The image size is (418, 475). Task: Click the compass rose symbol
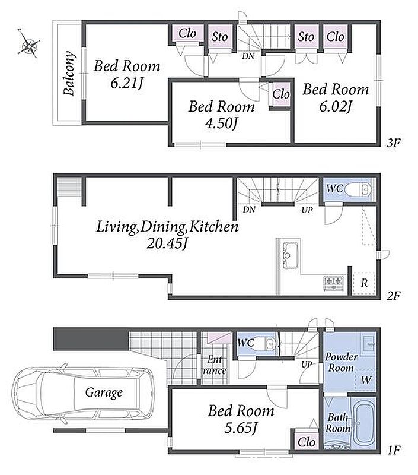click(29, 43)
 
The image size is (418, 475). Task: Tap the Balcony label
click(69, 73)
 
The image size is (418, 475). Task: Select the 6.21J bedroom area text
click(126, 83)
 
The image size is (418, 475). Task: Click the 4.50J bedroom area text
click(221, 123)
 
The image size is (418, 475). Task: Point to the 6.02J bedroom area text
click(336, 106)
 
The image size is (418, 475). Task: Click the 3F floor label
click(394, 143)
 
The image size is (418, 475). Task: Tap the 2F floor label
click(394, 295)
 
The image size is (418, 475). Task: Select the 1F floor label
click(394, 450)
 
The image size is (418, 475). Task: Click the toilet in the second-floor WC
click(358, 189)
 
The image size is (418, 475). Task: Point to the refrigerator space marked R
click(364, 283)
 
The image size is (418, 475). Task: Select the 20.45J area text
click(167, 243)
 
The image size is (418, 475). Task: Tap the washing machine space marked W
click(366, 380)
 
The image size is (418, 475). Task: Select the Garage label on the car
click(104, 392)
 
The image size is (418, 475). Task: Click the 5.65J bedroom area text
click(241, 428)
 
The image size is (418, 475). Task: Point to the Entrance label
click(215, 365)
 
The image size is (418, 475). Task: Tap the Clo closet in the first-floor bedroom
click(307, 442)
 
